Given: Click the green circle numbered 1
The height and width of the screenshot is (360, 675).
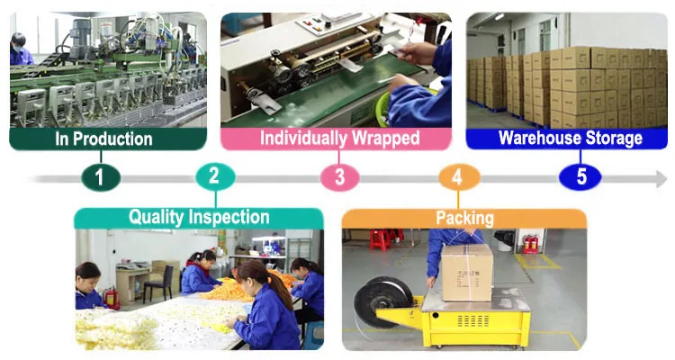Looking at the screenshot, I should pos(100,176).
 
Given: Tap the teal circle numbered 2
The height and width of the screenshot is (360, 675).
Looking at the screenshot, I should pos(213,176).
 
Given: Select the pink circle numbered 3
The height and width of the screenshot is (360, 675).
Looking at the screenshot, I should pos(339,176).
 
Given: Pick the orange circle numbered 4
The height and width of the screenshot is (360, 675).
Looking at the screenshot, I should pos(456,176).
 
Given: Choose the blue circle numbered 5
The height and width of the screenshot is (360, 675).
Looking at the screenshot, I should pos(580,176).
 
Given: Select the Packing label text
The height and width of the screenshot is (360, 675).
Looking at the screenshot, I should pos(464,218).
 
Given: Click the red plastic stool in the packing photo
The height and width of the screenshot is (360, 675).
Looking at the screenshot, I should pos(381,239).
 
